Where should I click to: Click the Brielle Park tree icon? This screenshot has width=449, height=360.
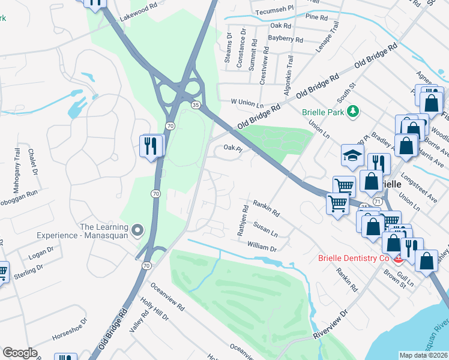click(354, 110)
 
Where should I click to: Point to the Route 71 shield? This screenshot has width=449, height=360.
click(377, 202)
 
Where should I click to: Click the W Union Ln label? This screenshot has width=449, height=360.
click(248, 102)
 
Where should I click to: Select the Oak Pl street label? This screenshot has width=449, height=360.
click(232, 148)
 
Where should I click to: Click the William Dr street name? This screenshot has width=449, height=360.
click(262, 247)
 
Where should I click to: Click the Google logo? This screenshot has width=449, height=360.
click(20, 353)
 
